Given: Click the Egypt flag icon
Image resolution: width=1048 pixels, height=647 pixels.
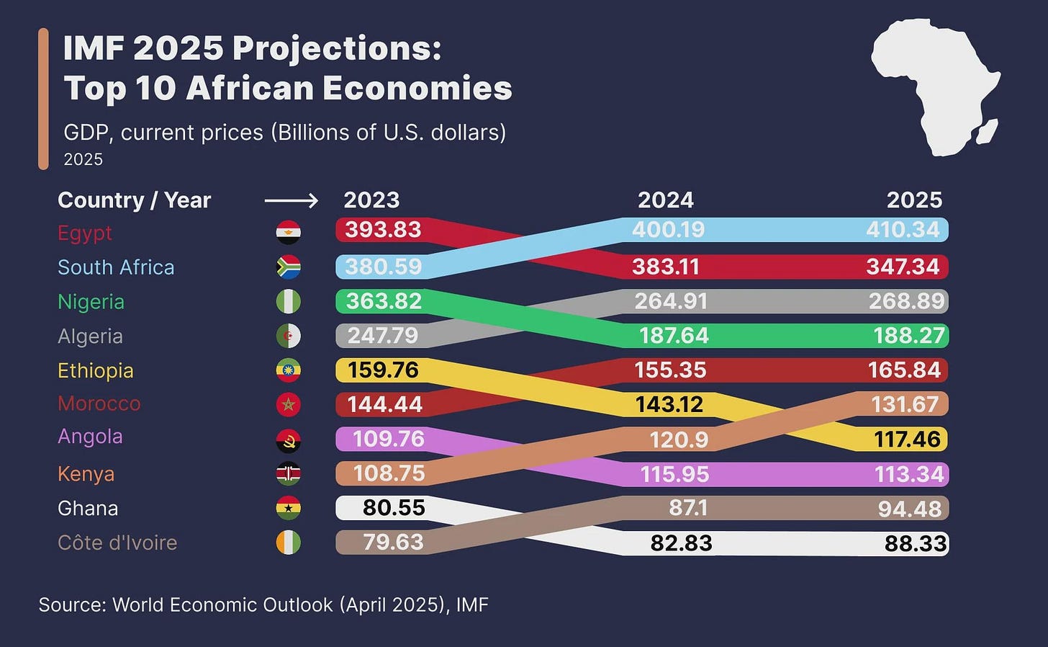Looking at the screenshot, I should coord(289,232).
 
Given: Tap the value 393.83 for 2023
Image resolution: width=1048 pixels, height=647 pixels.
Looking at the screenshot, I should coord(382,230).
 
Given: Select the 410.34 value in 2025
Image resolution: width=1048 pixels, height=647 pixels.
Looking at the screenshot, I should coord(903,230).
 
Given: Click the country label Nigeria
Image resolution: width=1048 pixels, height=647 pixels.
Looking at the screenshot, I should coord(91,301).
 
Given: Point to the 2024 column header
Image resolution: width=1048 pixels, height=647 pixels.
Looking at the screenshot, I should coord(665,200).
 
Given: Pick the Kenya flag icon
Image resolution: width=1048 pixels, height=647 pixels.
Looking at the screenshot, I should coord(289,473).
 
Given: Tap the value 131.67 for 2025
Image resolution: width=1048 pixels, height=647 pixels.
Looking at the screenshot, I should coord(905,404).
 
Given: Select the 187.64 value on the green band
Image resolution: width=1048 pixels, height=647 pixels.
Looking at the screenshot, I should coord(674,335).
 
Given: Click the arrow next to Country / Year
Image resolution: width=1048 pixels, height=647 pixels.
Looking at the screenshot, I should coord(291,200).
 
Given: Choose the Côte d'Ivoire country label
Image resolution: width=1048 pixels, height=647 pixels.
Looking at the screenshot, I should coord(117,543).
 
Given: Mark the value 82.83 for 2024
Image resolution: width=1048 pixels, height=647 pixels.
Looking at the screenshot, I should coord(681,543).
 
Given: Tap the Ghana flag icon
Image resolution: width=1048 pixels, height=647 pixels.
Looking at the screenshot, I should coord(289,508).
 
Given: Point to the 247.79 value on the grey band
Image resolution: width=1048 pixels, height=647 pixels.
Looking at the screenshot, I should coord(383,335).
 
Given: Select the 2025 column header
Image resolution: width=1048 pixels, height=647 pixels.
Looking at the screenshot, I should coord(914,200).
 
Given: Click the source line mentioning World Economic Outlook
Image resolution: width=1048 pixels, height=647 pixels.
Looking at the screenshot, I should coord(263,604).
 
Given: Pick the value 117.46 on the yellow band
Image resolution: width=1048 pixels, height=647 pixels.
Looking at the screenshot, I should coord(907,439).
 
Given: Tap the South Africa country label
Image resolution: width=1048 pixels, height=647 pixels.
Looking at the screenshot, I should coord(116,267).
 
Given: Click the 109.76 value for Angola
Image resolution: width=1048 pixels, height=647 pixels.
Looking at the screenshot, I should coord(388,439).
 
